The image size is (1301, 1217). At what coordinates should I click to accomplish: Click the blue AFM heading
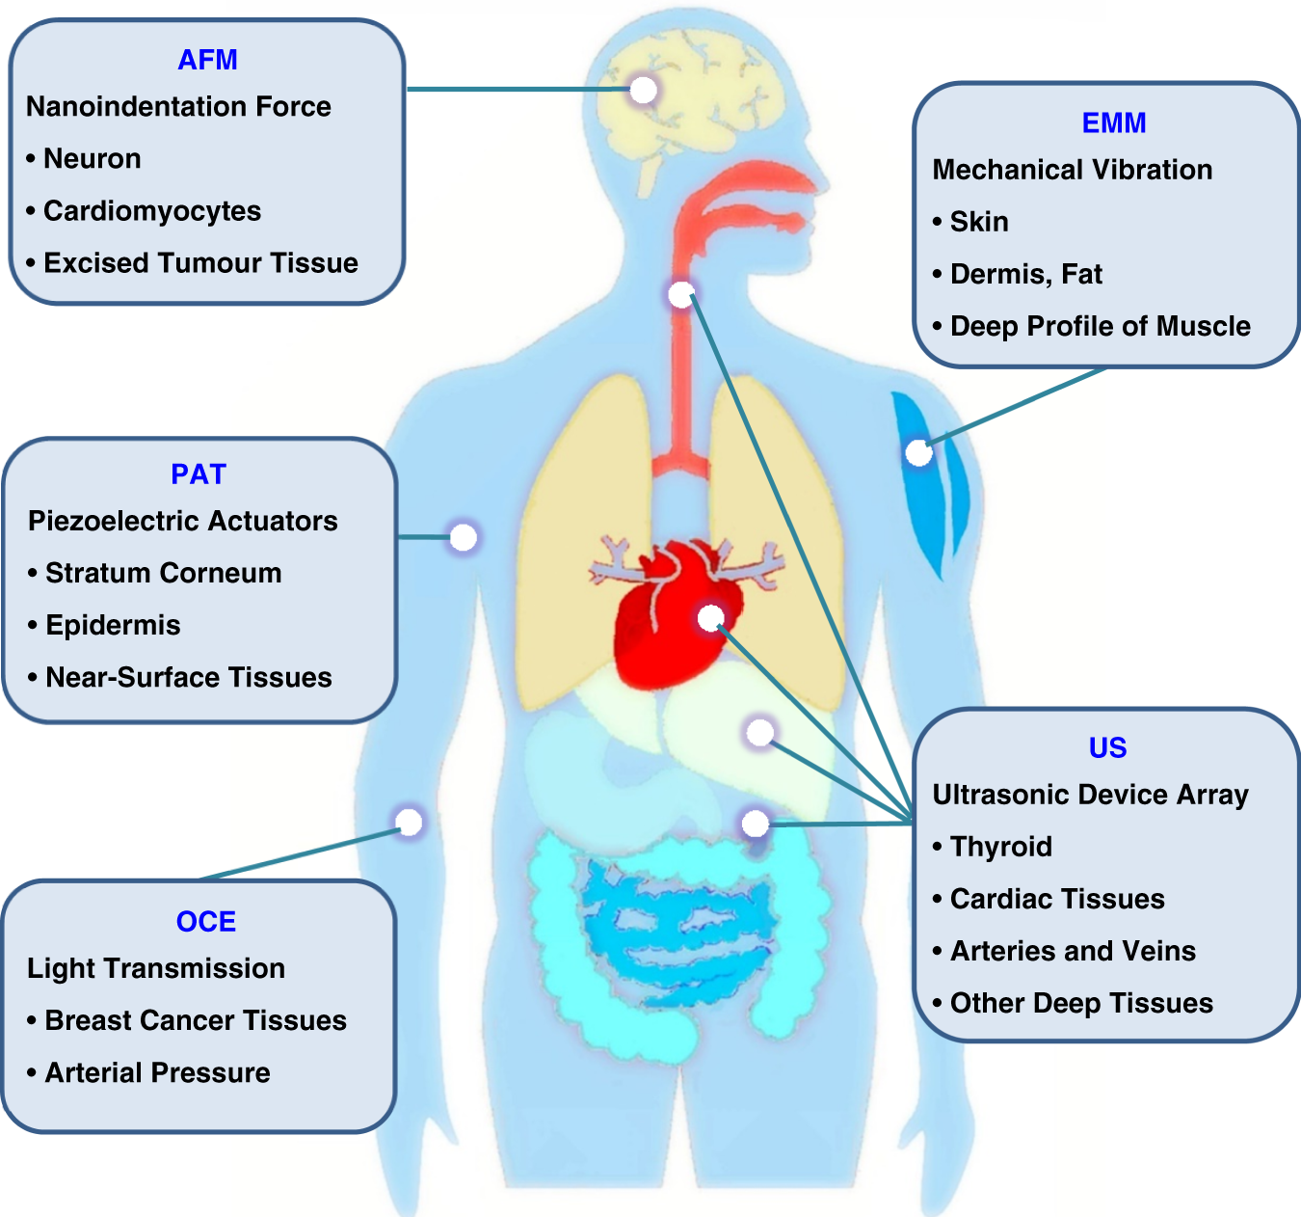pyautogui.click(x=207, y=60)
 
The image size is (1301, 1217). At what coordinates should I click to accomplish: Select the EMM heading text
pyautogui.click(x=1114, y=123)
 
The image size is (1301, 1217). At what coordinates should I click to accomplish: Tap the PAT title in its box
pyautogui.click(x=199, y=474)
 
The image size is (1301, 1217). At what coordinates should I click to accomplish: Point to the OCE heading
pyautogui.click(x=206, y=922)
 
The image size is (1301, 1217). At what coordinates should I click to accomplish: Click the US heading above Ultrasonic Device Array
pyautogui.click(x=1107, y=748)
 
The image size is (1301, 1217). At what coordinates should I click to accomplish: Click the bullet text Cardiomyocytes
pyautogui.click(x=152, y=211)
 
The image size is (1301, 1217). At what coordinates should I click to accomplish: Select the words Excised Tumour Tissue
pyautogui.click(x=200, y=263)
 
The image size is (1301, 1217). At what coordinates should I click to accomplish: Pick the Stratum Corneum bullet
pyautogui.click(x=164, y=573)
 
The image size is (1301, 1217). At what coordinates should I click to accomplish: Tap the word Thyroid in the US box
pyautogui.click(x=1001, y=847)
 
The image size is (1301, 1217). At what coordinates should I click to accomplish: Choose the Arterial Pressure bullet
pyautogui.click(x=158, y=1072)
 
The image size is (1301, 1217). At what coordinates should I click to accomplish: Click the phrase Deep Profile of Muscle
pyautogui.click(x=1101, y=327)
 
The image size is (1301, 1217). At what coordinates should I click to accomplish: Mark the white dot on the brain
pyautogui.click(x=644, y=90)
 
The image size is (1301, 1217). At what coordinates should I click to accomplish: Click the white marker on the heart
pyautogui.click(x=711, y=617)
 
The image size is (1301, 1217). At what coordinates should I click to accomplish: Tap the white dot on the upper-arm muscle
pyautogui.click(x=918, y=452)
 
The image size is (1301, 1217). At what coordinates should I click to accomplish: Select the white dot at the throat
pyautogui.click(x=681, y=294)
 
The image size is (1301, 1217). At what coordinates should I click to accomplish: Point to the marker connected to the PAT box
pyautogui.click(x=464, y=537)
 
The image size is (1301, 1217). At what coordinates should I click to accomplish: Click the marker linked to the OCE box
pyautogui.click(x=410, y=822)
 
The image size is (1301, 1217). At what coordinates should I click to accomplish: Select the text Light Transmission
pyautogui.click(x=156, y=968)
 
